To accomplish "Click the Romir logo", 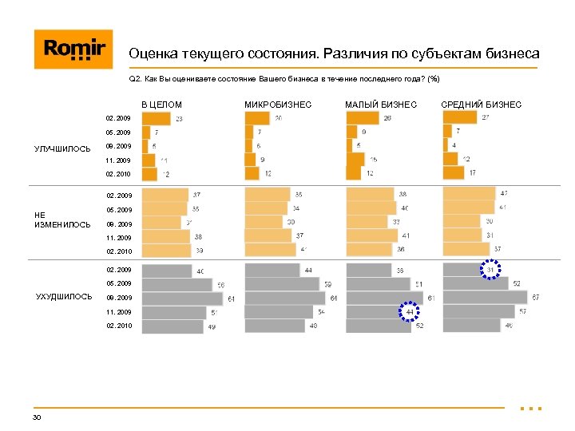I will tap(73, 49).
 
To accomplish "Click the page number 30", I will tap(37, 417).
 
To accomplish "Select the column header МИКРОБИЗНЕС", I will tap(277, 105).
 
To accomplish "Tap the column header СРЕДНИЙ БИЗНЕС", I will tap(481, 105).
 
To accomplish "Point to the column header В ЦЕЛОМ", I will tap(162, 105).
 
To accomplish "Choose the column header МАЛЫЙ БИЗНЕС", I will tap(380, 105).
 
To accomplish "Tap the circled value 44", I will tap(409, 311).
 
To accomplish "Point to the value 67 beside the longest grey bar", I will tap(536, 298).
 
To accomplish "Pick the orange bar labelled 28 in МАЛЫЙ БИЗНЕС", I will tap(363, 118).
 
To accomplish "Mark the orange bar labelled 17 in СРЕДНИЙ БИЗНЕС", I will tap(454, 172).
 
